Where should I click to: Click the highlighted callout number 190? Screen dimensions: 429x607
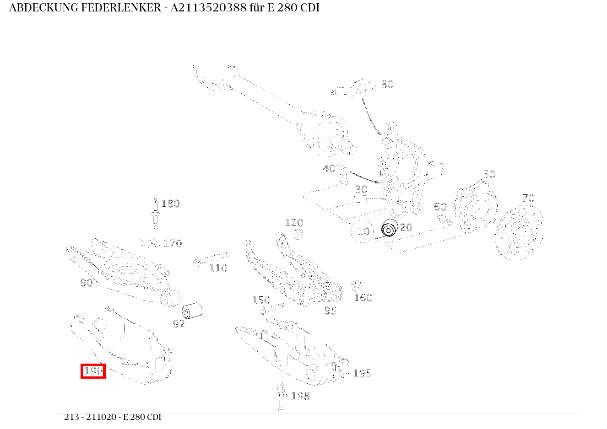pyautogui.click(x=93, y=371)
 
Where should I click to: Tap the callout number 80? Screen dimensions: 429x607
pyautogui.click(x=387, y=84)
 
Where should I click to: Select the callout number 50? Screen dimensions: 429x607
pyautogui.click(x=489, y=174)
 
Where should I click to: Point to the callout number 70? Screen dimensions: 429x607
pyautogui.click(x=528, y=198)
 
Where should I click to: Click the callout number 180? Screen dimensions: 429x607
pyautogui.click(x=170, y=204)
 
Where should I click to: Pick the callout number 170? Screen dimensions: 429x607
pyautogui.click(x=173, y=243)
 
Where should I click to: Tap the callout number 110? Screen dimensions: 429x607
pyautogui.click(x=218, y=268)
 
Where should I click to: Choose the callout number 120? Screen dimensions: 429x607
pyautogui.click(x=294, y=223)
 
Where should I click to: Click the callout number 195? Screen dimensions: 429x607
pyautogui.click(x=362, y=373)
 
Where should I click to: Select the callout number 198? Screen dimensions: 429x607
pyautogui.click(x=300, y=396)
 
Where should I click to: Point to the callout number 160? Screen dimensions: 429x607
pyautogui.click(x=363, y=298)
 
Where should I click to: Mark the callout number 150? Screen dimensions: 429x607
pyautogui.click(x=261, y=300)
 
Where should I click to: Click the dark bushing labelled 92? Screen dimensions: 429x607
pyautogui.click(x=192, y=311)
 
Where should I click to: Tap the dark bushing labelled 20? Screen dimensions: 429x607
pyautogui.click(x=389, y=228)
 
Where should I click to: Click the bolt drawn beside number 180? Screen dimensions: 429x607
pyautogui.click(x=156, y=213)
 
